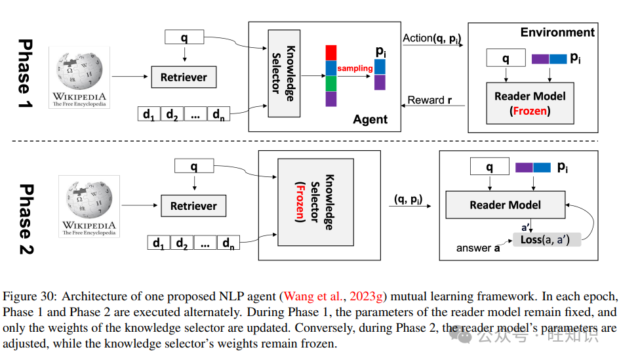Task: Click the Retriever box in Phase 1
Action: pos(184,77)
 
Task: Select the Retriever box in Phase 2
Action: pos(193,206)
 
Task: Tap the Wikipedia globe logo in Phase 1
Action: pos(79,71)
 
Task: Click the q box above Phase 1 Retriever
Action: pos(184,37)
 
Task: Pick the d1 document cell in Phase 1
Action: pos(148,114)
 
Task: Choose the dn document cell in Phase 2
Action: pos(228,243)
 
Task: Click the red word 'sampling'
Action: pos(355,68)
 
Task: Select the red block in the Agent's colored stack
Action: pos(331,52)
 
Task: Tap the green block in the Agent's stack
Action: pos(331,83)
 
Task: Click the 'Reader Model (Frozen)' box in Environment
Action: pos(530,104)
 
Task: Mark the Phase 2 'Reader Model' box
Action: pos(505,205)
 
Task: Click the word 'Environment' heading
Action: pos(557,32)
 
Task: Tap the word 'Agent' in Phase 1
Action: pos(370,119)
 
